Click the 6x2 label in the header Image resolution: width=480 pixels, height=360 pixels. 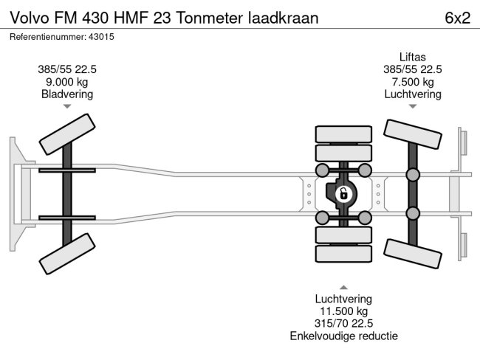point(457,18)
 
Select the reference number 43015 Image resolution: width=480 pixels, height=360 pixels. point(103,36)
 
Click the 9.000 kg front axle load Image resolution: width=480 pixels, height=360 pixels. point(67,82)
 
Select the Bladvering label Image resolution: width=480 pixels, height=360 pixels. point(67,94)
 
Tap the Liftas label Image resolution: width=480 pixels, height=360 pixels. point(413,57)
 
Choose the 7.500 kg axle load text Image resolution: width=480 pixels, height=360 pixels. point(413,82)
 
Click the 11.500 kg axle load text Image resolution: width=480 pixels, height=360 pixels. point(343,311)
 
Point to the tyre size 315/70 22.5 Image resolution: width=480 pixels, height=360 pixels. point(343,324)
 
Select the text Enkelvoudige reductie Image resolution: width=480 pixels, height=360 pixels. point(343,336)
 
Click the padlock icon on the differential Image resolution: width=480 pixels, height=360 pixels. point(343,194)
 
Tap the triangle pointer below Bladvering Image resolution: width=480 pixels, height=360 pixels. point(67,107)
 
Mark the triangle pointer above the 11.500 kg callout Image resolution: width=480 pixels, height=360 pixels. point(343,286)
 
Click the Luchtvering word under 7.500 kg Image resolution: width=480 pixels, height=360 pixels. point(413,94)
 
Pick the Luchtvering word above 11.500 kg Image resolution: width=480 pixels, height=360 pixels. point(343,299)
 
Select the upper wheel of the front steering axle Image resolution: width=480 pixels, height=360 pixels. point(66,134)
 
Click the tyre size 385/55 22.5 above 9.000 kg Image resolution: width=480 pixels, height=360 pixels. point(67,69)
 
